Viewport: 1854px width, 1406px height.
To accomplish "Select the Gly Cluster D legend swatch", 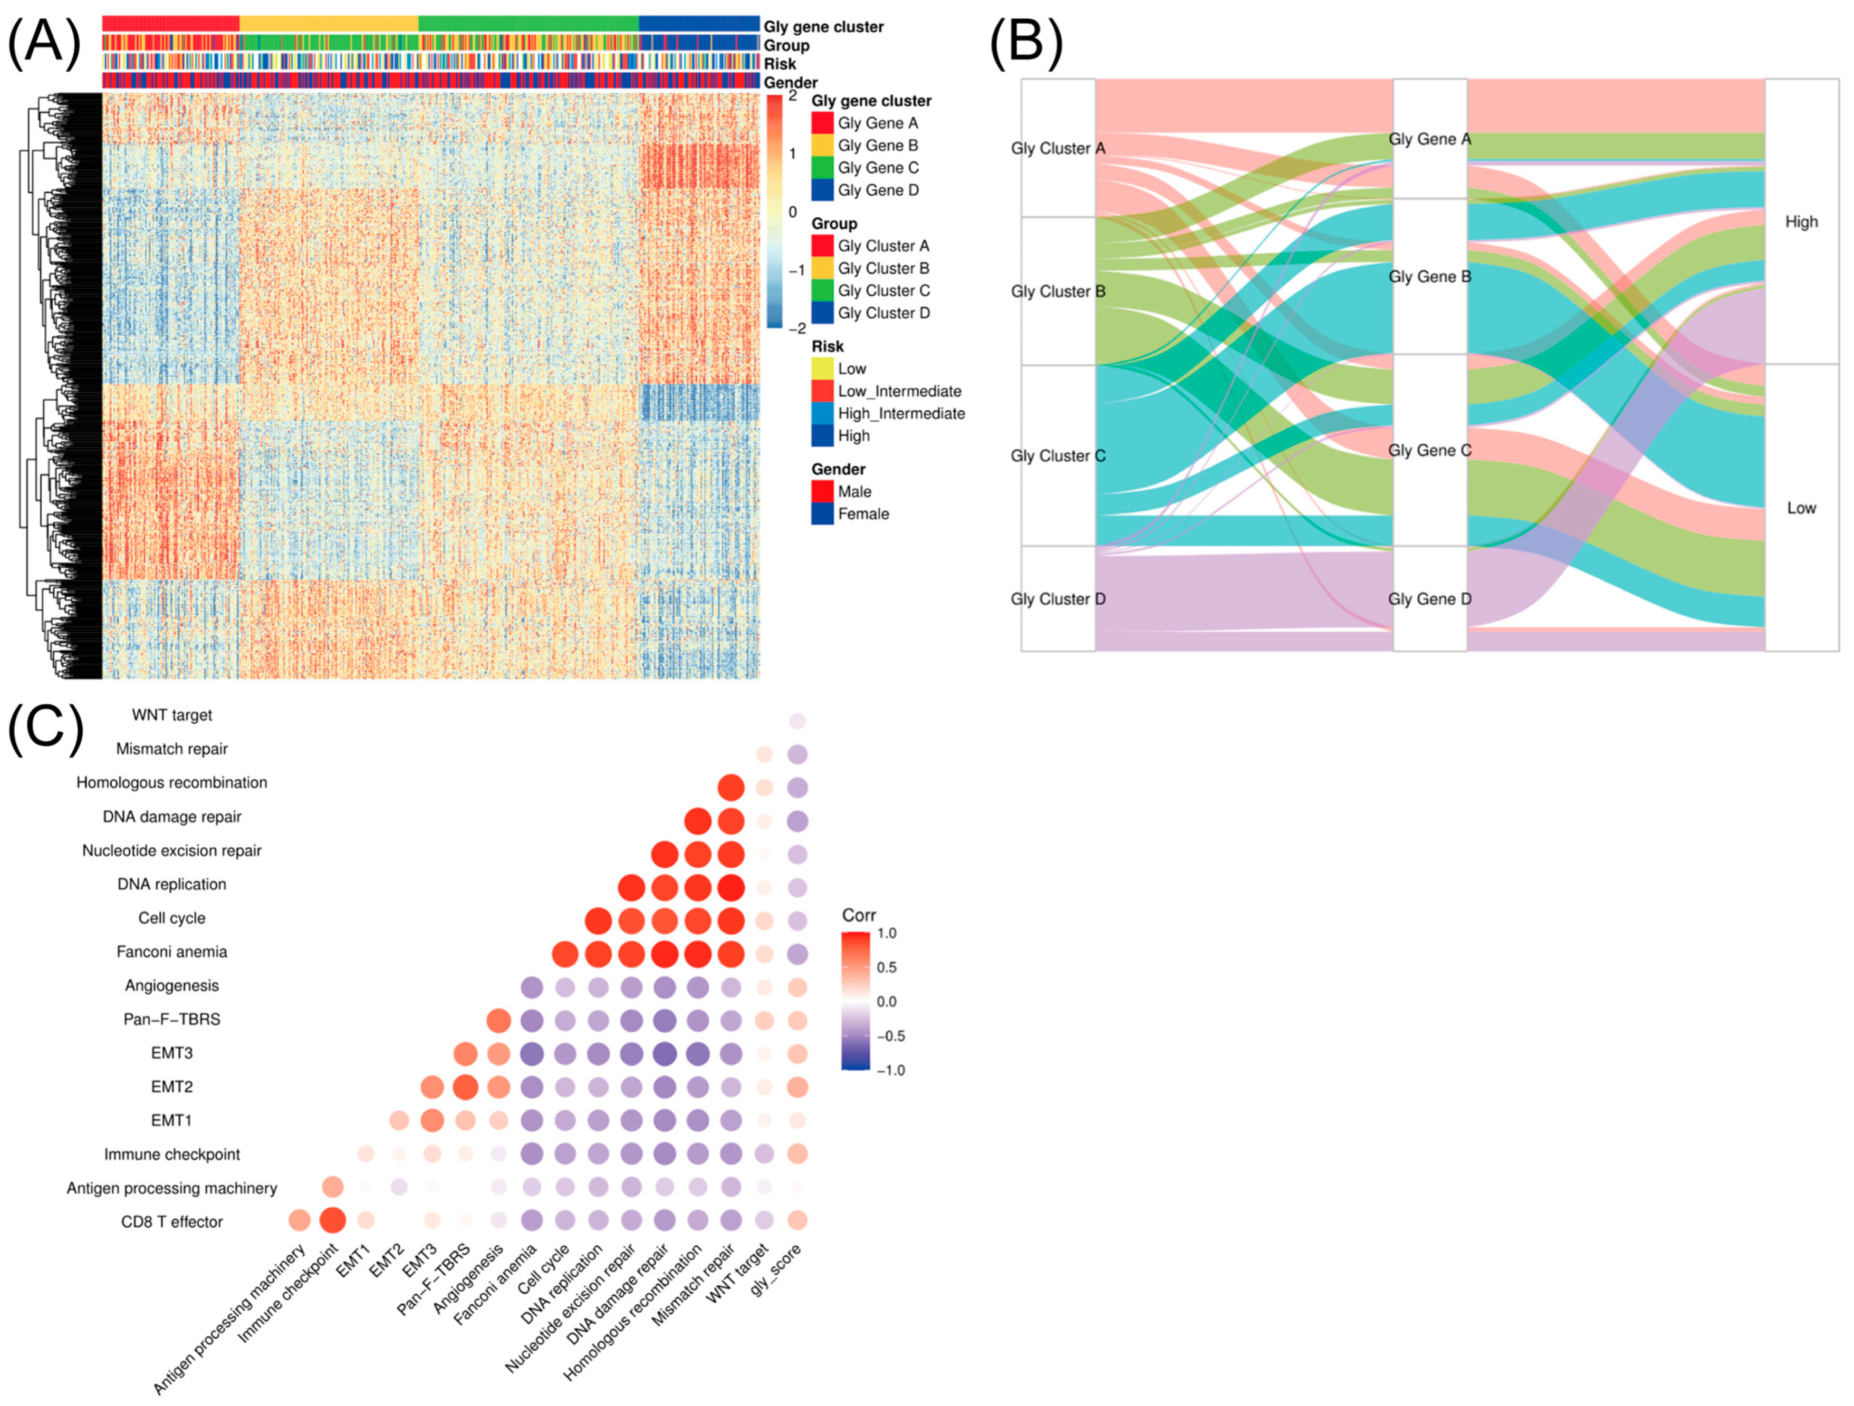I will (822, 313).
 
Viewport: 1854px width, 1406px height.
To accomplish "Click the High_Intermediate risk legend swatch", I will (822, 414).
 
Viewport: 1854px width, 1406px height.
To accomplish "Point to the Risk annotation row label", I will (780, 64).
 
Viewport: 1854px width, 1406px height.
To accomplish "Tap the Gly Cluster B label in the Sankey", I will (1058, 292).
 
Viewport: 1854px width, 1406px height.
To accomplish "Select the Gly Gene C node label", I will (1429, 451).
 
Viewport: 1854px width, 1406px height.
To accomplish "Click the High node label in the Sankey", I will (1801, 222).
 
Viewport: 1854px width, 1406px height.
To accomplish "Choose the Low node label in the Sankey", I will (1801, 508).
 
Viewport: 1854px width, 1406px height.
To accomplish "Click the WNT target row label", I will (172, 715).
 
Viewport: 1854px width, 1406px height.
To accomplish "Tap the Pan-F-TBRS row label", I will (172, 1020).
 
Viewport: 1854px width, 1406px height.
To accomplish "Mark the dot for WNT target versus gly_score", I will (797, 721).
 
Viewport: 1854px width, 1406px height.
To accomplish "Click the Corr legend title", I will (859, 915).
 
